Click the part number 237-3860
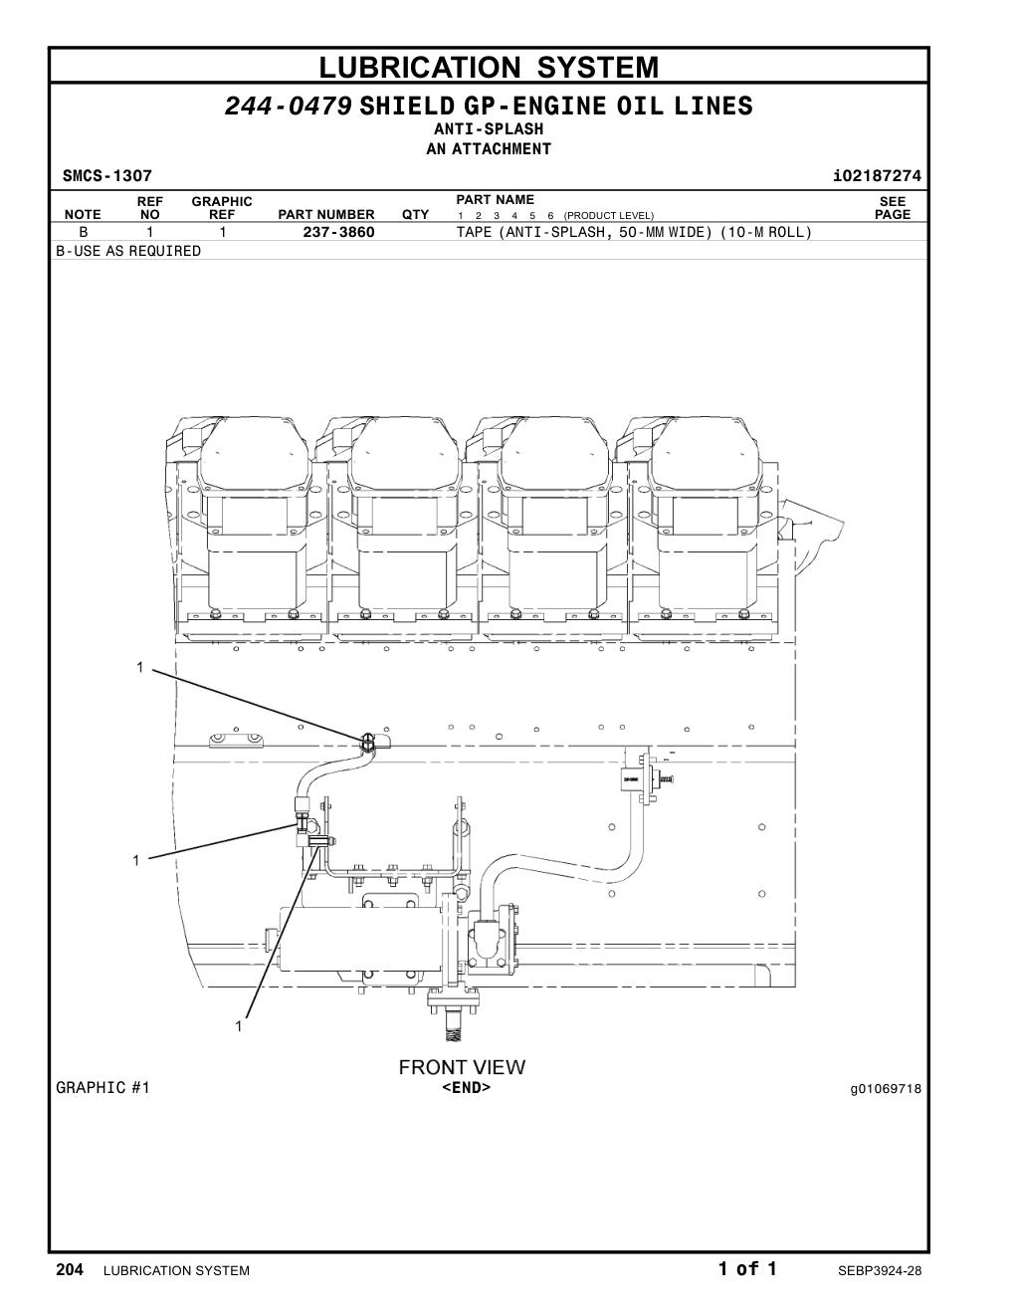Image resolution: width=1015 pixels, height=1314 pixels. pyautogui.click(x=338, y=232)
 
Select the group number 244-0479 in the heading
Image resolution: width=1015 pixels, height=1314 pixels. pyautogui.click(x=289, y=106)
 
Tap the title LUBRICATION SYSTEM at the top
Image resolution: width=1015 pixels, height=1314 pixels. pyautogui.click(x=489, y=67)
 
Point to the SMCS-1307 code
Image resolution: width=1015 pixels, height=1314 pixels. pyautogui.click(x=107, y=176)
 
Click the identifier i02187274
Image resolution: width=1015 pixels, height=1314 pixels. pyautogui.click(x=877, y=176)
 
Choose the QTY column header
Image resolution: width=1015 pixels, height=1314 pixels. pyautogui.click(x=415, y=215)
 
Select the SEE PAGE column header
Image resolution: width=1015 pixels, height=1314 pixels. pyautogui.click(x=893, y=208)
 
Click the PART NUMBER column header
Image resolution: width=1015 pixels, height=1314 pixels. pyautogui.click(x=326, y=215)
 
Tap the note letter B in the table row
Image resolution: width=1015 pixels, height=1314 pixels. pyautogui.click(x=84, y=232)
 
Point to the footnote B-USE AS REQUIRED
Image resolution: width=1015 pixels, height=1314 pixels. pyautogui.click(x=128, y=251)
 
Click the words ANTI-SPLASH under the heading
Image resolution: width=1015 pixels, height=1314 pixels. pyautogui.click(x=489, y=128)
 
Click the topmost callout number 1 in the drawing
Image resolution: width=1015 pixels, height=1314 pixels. pyautogui.click(x=140, y=667)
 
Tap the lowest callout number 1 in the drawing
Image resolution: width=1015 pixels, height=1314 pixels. pyautogui.click(x=239, y=1026)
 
